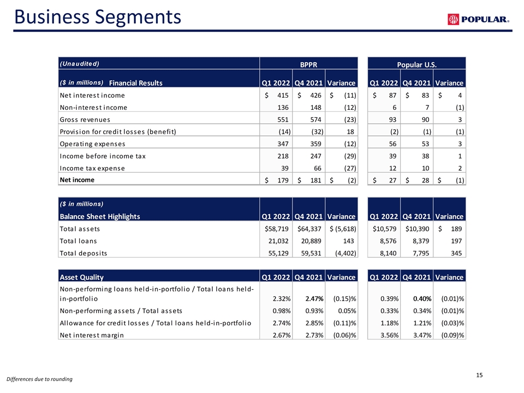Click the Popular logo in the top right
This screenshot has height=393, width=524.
pos(478,20)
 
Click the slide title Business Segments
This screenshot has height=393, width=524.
pos(98,17)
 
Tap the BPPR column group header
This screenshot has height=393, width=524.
pos(308,64)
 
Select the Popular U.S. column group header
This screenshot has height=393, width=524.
pos(416,64)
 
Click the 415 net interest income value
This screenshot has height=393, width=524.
pos(283,95)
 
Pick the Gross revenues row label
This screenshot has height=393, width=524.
pos(85,120)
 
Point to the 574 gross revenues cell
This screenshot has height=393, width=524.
pos(315,120)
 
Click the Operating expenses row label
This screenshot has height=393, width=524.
pos(93,144)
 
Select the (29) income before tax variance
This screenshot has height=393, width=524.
pos(350,156)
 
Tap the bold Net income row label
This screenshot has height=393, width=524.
pos(77,180)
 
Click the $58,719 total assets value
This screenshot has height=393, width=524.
pos(276,229)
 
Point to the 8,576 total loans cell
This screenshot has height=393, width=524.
pos(388,241)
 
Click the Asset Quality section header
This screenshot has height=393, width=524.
pos(81,277)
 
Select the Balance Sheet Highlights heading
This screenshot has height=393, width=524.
pos(100,217)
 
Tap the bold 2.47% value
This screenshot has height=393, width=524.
pos(314,299)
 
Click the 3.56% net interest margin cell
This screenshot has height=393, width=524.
pos(390,335)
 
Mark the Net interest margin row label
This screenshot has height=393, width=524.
pos(92,335)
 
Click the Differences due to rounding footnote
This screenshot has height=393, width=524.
pos(39,379)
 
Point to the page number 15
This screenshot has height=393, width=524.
pos(479,375)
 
